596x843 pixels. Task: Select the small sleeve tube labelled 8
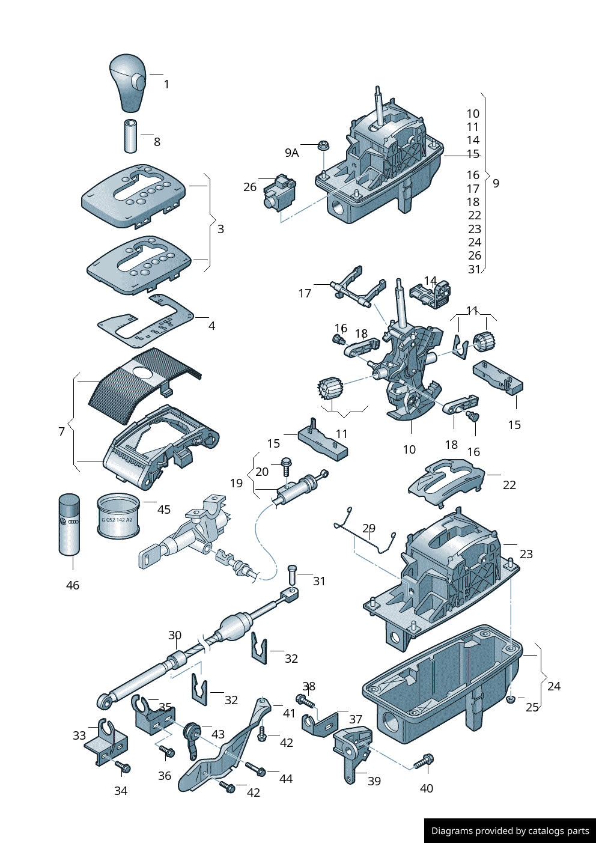coord(130,136)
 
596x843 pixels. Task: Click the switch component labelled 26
coord(279,192)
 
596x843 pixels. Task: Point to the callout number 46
coord(72,585)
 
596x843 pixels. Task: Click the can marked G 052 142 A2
coord(118,516)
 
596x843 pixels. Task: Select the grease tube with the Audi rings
coord(69,525)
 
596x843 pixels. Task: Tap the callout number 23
coord(526,554)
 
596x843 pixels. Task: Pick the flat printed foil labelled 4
coord(146,321)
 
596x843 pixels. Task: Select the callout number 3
coord(220,229)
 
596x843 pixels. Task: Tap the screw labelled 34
coord(123,767)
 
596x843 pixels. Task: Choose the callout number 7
coord(61,431)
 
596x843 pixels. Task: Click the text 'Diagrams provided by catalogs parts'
coord(510,831)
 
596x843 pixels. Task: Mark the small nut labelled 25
coord(511,699)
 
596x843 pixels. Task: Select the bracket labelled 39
coord(351,751)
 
